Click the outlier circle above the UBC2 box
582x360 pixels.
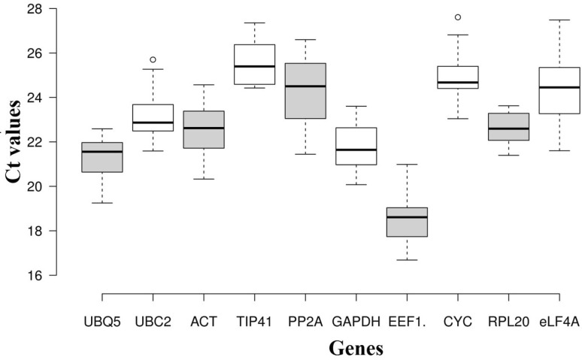tap(153, 59)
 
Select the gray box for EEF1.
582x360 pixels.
tap(407, 222)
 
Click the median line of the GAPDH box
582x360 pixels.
tap(356, 150)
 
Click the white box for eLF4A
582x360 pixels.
tap(559, 91)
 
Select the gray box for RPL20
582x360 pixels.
tap(509, 127)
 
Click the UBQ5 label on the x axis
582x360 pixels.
tap(102, 322)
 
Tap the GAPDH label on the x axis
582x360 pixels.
tap(356, 322)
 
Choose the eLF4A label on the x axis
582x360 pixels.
tap(559, 322)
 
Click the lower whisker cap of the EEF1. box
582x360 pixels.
tap(407, 260)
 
